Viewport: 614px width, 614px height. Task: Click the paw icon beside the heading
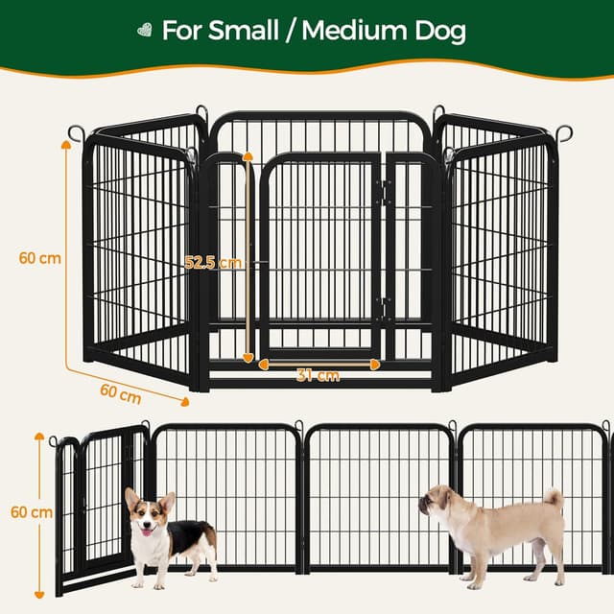(145, 31)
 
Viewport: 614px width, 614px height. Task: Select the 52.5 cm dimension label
(213, 263)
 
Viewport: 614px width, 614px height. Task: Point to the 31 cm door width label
(318, 376)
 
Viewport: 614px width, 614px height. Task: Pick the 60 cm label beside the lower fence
(32, 512)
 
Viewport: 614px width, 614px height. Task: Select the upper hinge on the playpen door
(384, 192)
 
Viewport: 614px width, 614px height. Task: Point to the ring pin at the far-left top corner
(75, 133)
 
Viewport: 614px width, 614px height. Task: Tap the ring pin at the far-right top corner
(564, 132)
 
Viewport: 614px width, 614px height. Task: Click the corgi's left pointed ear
(131, 498)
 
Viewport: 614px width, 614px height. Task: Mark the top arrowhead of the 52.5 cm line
(248, 154)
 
